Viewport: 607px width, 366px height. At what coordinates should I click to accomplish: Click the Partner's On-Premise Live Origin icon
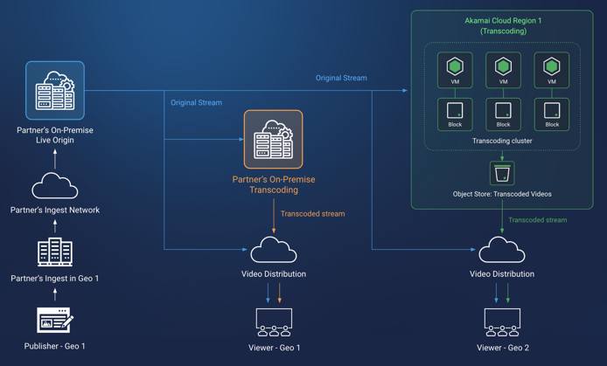(x=54, y=90)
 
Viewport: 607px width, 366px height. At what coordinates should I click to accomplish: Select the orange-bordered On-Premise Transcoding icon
(x=273, y=139)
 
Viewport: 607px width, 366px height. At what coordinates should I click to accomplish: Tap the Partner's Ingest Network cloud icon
(x=54, y=187)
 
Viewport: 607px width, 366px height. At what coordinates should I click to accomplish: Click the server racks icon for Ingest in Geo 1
(x=54, y=252)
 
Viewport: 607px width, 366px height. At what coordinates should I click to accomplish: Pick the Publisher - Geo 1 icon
(x=54, y=320)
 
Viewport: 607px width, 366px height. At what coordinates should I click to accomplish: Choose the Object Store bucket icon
(x=503, y=172)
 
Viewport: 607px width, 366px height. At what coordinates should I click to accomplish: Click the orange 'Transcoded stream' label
(x=312, y=213)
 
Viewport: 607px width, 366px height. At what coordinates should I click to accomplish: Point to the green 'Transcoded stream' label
(x=538, y=220)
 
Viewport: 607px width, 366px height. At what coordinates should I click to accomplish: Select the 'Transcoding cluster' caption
(x=503, y=140)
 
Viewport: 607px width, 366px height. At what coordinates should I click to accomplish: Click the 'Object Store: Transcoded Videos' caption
(x=503, y=194)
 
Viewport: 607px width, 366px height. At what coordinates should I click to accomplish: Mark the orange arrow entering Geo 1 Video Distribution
(x=274, y=224)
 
